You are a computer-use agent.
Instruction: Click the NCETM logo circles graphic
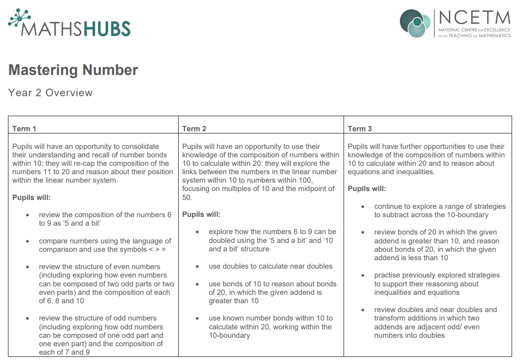click(415, 23)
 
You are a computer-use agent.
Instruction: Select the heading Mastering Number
click(73, 70)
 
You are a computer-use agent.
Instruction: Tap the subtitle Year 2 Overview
click(50, 93)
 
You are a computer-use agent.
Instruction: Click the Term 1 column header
click(24, 129)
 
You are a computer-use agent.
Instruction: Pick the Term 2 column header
click(194, 129)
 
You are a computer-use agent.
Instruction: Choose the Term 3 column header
click(360, 129)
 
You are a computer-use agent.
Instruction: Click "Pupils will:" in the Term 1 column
click(31, 197)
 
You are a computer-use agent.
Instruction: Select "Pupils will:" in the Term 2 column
click(201, 215)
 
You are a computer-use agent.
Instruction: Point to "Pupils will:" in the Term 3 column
click(367, 189)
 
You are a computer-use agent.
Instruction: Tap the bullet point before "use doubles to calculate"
click(198, 266)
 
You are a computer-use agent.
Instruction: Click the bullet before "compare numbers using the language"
click(28, 241)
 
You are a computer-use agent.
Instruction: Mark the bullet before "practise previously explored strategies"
click(363, 275)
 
